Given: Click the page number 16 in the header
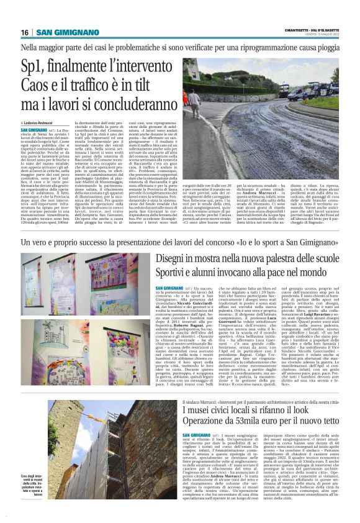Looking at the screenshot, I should click(24, 32).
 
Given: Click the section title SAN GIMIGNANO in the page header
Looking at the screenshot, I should click(62, 32).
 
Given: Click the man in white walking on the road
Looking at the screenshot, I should click(196, 101).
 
